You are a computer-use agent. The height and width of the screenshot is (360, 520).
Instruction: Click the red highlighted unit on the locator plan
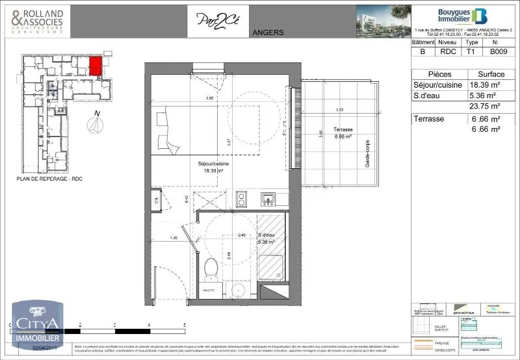pos(95,66)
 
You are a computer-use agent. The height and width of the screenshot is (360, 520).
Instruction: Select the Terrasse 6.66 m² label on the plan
pos(342,133)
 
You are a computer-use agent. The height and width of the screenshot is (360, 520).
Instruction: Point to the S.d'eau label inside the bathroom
pos(266,237)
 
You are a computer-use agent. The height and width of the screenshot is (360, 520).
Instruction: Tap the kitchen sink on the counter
pos(268,198)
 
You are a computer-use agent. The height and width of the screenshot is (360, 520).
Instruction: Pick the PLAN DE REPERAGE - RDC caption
pos(49,179)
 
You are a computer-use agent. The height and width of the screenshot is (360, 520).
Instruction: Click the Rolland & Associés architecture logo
pos(37,21)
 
